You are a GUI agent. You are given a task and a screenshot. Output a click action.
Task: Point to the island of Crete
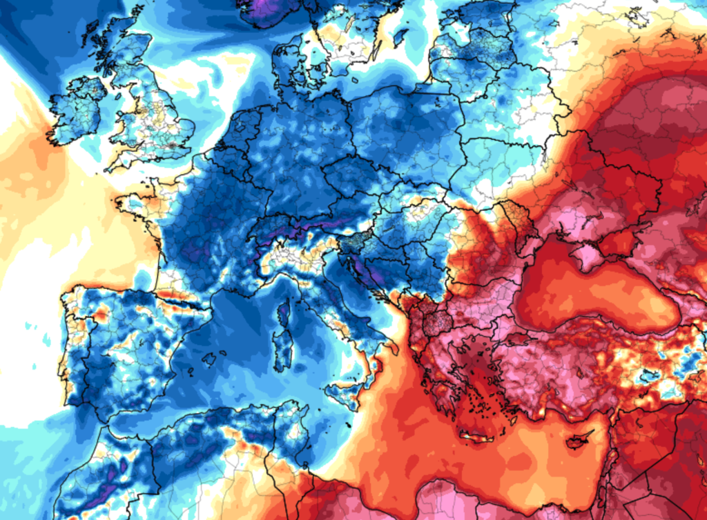point(477,437)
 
